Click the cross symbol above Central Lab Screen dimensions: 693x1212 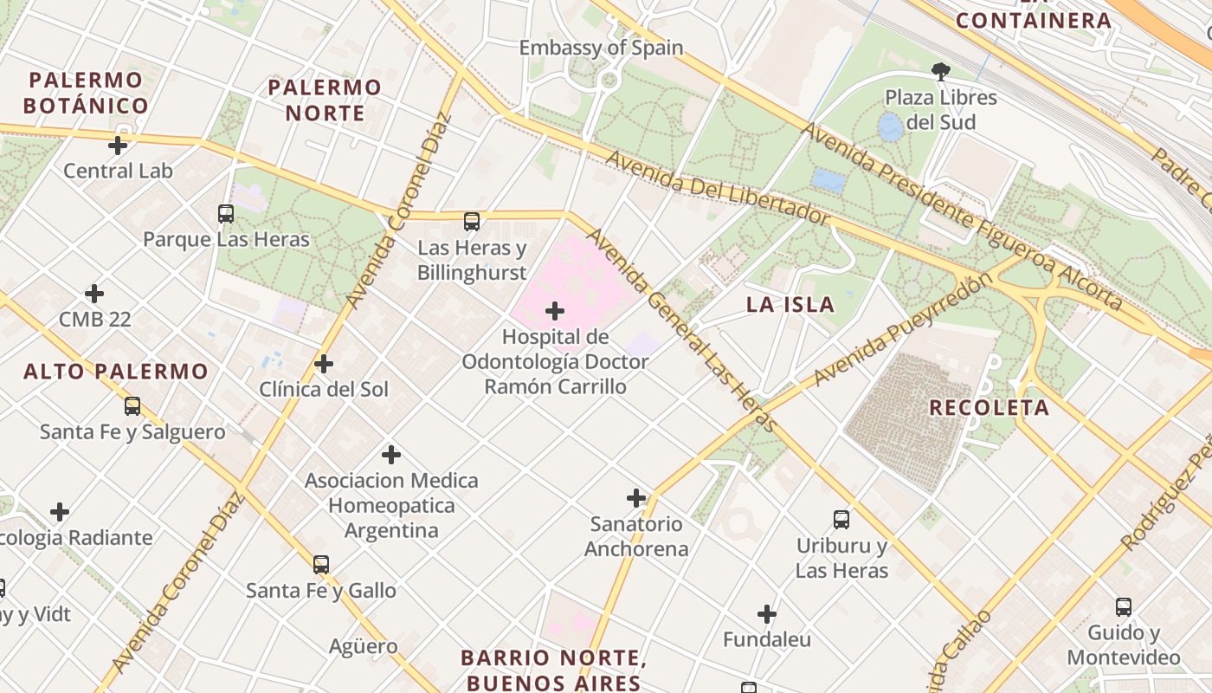tap(118, 145)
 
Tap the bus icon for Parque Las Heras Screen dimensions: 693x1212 tap(226, 213)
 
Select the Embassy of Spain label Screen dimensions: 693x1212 tap(601, 48)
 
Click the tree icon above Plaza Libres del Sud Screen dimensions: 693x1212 tap(941, 71)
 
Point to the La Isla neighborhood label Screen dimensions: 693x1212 tap(790, 304)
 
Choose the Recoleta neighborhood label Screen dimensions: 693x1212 tap(989, 407)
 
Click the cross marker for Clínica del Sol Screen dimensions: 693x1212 tap(324, 364)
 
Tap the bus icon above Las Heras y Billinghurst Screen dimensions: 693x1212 tap(472, 222)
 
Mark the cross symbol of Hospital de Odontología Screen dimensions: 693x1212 tap(555, 311)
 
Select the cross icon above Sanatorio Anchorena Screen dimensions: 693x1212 tap(636, 498)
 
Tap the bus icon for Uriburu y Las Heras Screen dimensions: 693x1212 tap(841, 520)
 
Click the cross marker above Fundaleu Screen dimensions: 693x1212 tap(767, 614)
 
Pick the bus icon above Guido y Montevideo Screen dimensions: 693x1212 tap(1124, 607)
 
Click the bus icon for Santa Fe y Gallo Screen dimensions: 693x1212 tap(321, 565)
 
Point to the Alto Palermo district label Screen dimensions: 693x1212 tap(116, 372)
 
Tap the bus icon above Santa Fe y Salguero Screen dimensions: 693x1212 tap(132, 405)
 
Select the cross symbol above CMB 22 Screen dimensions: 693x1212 tap(94, 294)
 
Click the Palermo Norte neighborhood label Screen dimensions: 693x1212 tap(325, 100)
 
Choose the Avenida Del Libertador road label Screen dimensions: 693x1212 tap(717, 188)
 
